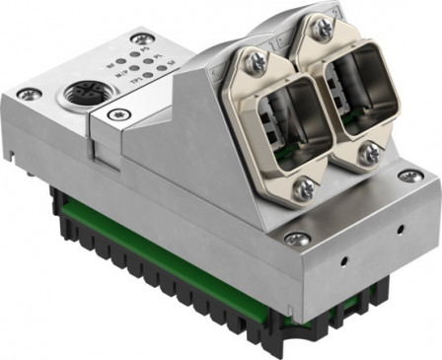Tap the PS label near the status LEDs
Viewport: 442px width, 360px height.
(142, 49)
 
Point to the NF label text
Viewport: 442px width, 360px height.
(110, 66)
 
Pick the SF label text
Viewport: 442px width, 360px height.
(171, 63)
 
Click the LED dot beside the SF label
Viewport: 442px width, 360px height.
(161, 68)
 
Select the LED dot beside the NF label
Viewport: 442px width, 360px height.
(120, 61)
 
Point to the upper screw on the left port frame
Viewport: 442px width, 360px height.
(255, 60)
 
